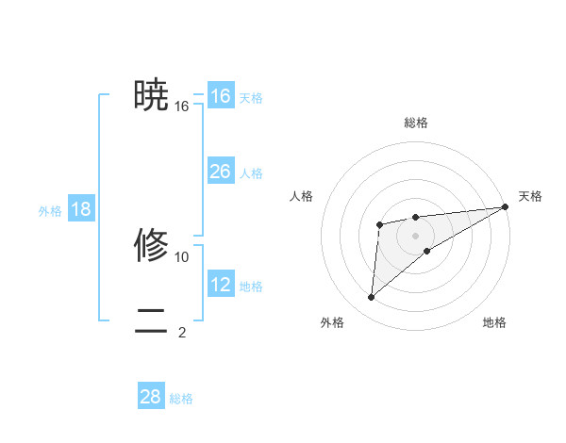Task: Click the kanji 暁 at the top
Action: pyautogui.click(x=151, y=95)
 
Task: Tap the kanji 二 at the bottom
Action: pyautogui.click(x=151, y=320)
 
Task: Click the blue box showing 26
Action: pyautogui.click(x=220, y=172)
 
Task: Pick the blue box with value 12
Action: pyautogui.click(x=220, y=285)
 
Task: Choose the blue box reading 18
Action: pyautogui.click(x=81, y=209)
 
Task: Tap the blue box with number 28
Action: pyautogui.click(x=151, y=397)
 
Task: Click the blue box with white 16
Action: pyautogui.click(x=220, y=96)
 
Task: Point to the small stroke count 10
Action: pyautogui.click(x=182, y=256)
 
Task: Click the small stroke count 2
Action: pyautogui.click(x=182, y=332)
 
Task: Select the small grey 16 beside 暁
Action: pyautogui.click(x=182, y=107)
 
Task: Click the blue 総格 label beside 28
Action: pyautogui.click(x=181, y=399)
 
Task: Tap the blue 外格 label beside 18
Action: pyautogui.click(x=50, y=211)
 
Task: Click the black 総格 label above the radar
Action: pyautogui.click(x=415, y=123)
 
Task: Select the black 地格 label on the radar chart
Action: pyautogui.click(x=494, y=322)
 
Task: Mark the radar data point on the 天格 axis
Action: pyautogui.click(x=506, y=206)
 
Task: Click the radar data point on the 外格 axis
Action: pyautogui.click(x=372, y=298)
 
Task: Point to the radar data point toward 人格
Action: pyautogui.click(x=379, y=224)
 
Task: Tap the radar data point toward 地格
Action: pyautogui.click(x=427, y=250)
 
